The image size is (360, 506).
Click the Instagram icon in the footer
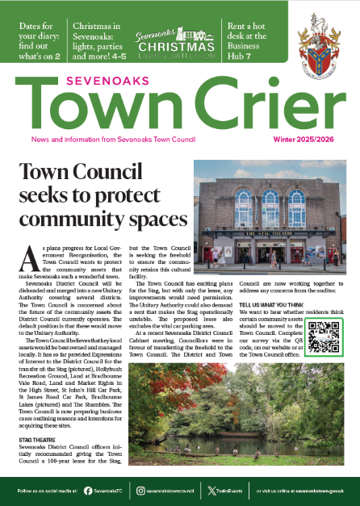coord(140,487)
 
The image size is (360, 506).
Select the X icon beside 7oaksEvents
coord(211,487)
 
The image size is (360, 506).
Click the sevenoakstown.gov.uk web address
coord(319,487)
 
